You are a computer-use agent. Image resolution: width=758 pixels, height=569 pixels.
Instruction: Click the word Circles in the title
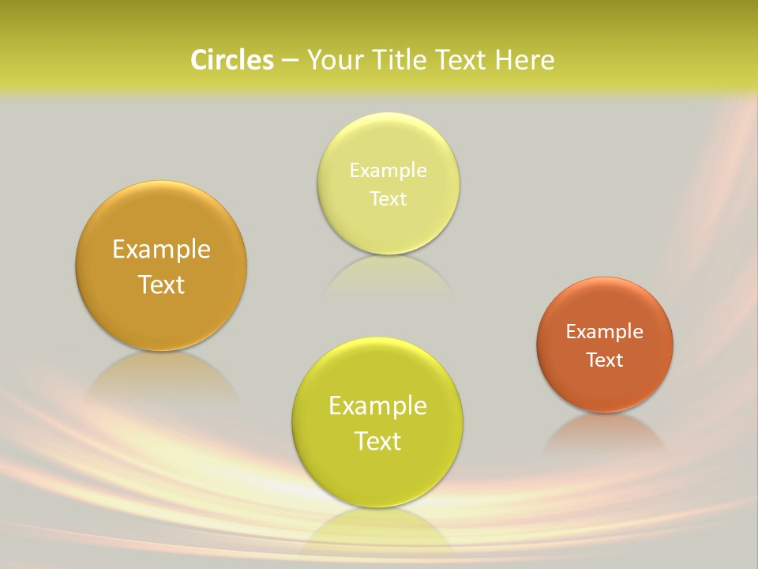point(231,60)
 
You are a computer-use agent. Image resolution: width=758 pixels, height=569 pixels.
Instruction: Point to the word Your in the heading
point(334,60)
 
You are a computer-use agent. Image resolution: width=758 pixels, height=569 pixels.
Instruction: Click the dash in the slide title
point(290,61)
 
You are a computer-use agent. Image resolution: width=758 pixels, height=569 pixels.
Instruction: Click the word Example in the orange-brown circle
point(605,332)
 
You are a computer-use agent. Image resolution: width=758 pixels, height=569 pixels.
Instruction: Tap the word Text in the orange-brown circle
point(605,360)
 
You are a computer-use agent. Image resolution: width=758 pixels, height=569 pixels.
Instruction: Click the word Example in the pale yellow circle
point(388,171)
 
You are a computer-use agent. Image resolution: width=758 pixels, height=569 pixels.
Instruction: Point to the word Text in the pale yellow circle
point(388,199)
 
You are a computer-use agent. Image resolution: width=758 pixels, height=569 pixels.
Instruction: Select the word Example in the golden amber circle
point(161,250)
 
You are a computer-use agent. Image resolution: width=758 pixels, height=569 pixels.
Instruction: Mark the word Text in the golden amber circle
point(161,284)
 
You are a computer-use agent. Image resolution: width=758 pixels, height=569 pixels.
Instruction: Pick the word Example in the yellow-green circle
point(377,406)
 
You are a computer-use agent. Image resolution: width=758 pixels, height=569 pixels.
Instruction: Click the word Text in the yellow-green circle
point(377,441)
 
